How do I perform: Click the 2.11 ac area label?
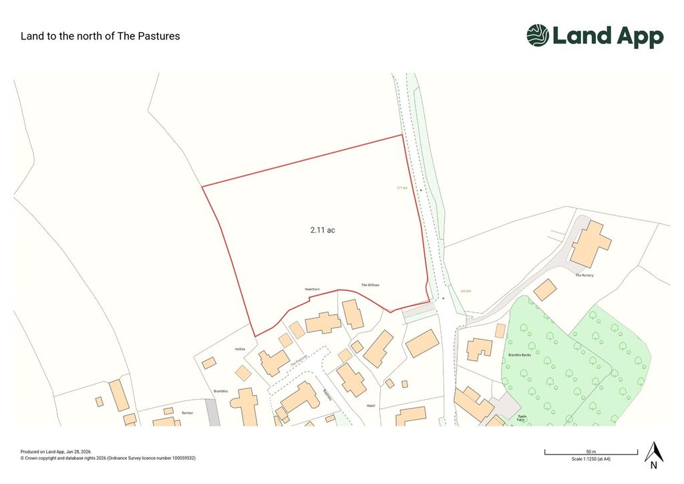pyautogui.click(x=322, y=230)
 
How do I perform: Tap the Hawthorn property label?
pyautogui.click(x=312, y=289)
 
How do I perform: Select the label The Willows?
pyautogui.click(x=370, y=285)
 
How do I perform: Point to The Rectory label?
pyautogui.click(x=584, y=275)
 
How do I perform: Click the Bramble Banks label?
pyautogui.click(x=519, y=355)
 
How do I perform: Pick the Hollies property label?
pyautogui.click(x=240, y=349)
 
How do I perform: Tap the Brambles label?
pyautogui.click(x=221, y=391)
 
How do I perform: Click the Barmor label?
pyautogui.click(x=187, y=413)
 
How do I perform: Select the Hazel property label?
pyautogui.click(x=371, y=406)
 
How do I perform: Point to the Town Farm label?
pyautogui.click(x=522, y=418)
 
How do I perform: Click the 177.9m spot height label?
pyautogui.click(x=402, y=188)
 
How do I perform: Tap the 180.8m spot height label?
pyautogui.click(x=466, y=291)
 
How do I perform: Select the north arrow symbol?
pyautogui.click(x=653, y=453)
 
